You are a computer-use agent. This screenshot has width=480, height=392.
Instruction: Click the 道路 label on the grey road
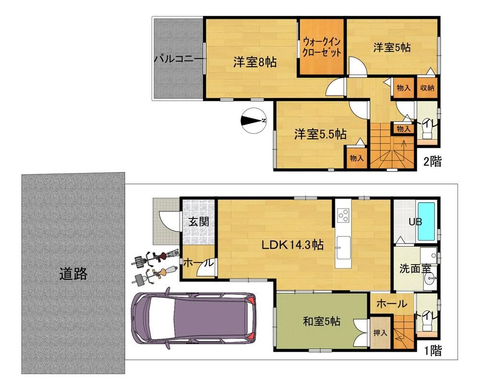coord(73,274)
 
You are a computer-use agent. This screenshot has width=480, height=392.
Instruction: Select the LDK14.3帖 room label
coord(292,245)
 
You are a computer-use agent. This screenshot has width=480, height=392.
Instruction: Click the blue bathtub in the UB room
coord(426,221)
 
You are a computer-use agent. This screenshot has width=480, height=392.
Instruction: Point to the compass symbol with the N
coord(253,121)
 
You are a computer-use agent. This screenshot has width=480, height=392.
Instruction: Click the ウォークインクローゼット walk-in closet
coord(322,47)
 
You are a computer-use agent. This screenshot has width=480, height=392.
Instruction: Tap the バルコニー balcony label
coord(179,58)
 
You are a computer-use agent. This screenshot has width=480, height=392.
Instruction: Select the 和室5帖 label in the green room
coord(322,321)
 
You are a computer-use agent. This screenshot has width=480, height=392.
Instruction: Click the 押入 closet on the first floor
coord(380,332)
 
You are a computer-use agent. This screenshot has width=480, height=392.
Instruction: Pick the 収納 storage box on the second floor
coord(427,88)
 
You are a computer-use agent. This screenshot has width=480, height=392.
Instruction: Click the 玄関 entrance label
coord(199,221)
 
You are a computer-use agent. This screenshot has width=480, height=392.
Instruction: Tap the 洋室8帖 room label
coord(255,62)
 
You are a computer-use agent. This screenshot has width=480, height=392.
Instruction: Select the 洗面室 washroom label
coord(415,269)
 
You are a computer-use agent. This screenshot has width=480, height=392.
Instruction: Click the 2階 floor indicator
coord(432,161)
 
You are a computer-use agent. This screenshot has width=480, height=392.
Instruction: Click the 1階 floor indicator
coord(432,351)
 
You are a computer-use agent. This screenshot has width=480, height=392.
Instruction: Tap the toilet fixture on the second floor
coord(426,130)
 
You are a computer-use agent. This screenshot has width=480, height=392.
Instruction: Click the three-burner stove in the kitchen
coord(343,215)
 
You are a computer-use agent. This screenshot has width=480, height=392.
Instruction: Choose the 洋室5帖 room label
coord(392,48)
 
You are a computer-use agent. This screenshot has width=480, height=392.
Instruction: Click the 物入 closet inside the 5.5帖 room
coord(357,158)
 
